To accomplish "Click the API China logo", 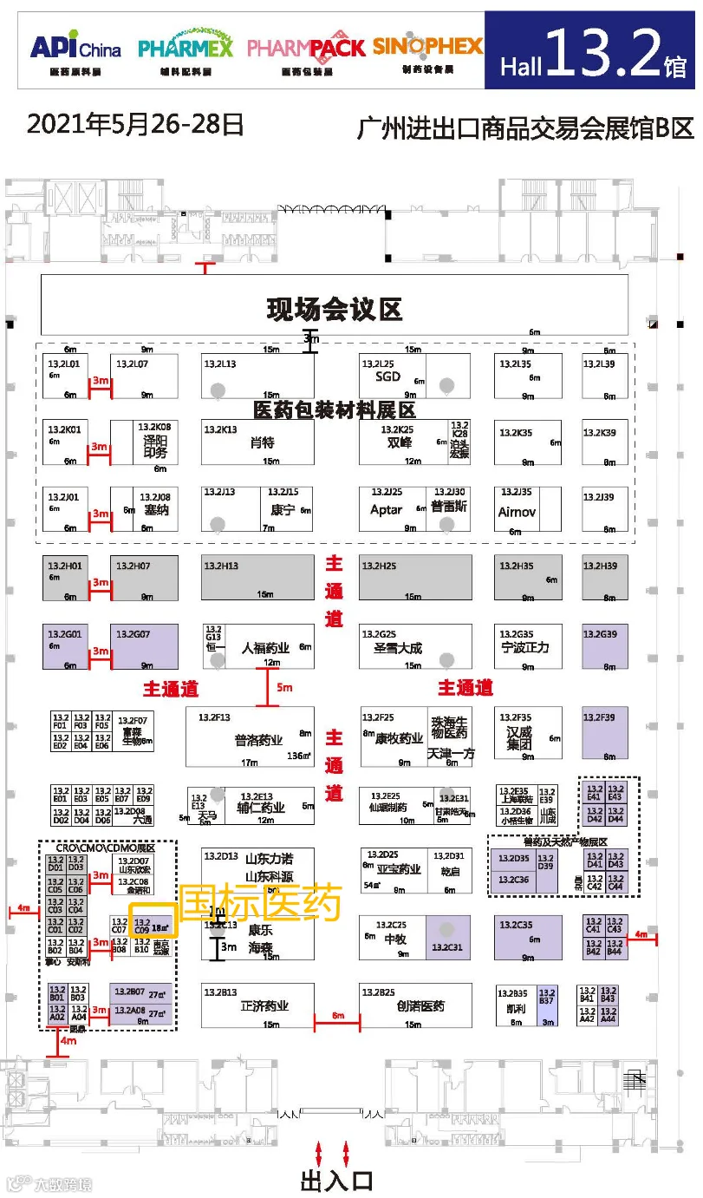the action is [75, 49].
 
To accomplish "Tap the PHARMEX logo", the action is [186, 49].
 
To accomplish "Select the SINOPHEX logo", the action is [427, 49].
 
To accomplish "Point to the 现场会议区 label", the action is [335, 310].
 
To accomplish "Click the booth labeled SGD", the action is [387, 376].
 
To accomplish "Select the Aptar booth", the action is [387, 509].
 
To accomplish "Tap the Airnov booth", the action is [517, 512].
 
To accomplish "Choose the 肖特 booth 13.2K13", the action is [258, 442].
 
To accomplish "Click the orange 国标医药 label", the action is [260, 904].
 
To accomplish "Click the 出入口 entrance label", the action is [335, 1181].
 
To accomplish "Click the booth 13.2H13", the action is [258, 577].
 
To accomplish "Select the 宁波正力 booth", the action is [525, 646].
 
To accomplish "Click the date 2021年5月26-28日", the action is [135, 125].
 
